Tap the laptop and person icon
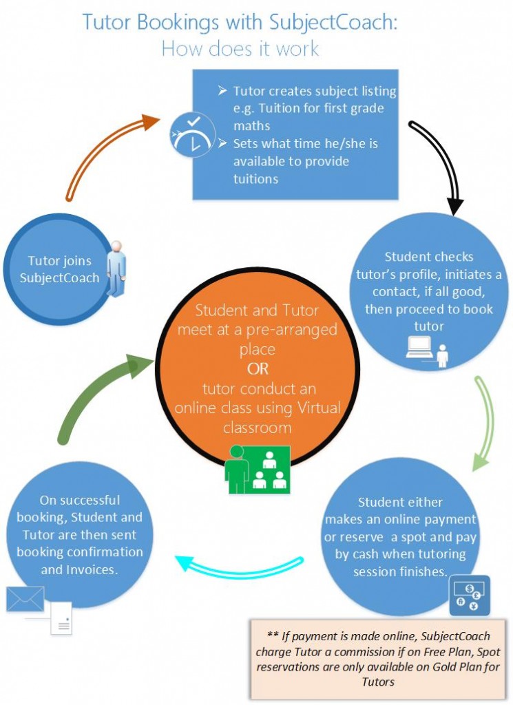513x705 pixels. point(427,352)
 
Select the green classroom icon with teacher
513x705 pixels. point(258,470)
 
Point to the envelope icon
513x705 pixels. point(25,598)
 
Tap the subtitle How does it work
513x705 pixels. point(240,48)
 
